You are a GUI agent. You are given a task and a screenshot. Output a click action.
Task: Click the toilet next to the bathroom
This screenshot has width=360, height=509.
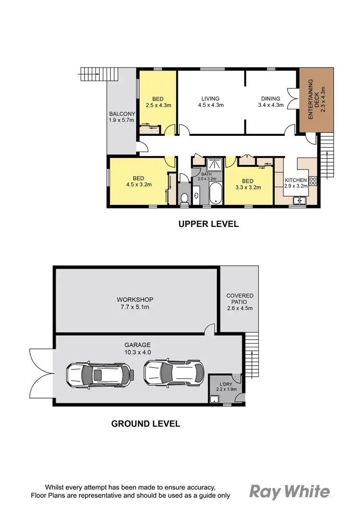pyautogui.click(x=185, y=197)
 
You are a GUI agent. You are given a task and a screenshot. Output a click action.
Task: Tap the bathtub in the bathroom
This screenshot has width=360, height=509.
pyautogui.click(x=216, y=194)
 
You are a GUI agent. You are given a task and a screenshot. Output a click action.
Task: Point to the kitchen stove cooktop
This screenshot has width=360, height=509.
pyautogui.click(x=313, y=180)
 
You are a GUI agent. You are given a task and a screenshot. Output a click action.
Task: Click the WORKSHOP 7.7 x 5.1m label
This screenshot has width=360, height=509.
pyautogui.click(x=128, y=303)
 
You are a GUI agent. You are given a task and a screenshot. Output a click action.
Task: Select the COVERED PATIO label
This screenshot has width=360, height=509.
pyautogui.click(x=240, y=302)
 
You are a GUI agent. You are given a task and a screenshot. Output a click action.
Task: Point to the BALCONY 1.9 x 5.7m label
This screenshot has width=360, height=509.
pyautogui.click(x=121, y=117)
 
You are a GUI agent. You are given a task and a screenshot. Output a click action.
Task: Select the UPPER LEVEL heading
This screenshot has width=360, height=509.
pyautogui.click(x=208, y=224)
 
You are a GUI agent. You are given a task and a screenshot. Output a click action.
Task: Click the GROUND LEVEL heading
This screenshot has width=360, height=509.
pyautogui.click(x=145, y=424)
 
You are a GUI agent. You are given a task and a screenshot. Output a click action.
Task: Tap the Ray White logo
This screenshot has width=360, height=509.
pyautogui.click(x=290, y=491)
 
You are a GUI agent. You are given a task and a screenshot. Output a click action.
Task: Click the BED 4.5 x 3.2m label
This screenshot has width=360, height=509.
pyautogui.click(x=139, y=180)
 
